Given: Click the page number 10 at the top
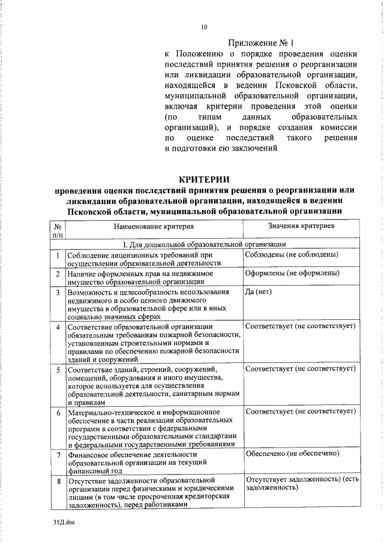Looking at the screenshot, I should [x=204, y=26].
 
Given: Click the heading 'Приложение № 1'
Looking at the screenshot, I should [x=260, y=43].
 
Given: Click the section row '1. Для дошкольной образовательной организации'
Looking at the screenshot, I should [x=204, y=244].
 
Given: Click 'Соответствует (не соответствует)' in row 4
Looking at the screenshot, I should [x=301, y=326].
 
